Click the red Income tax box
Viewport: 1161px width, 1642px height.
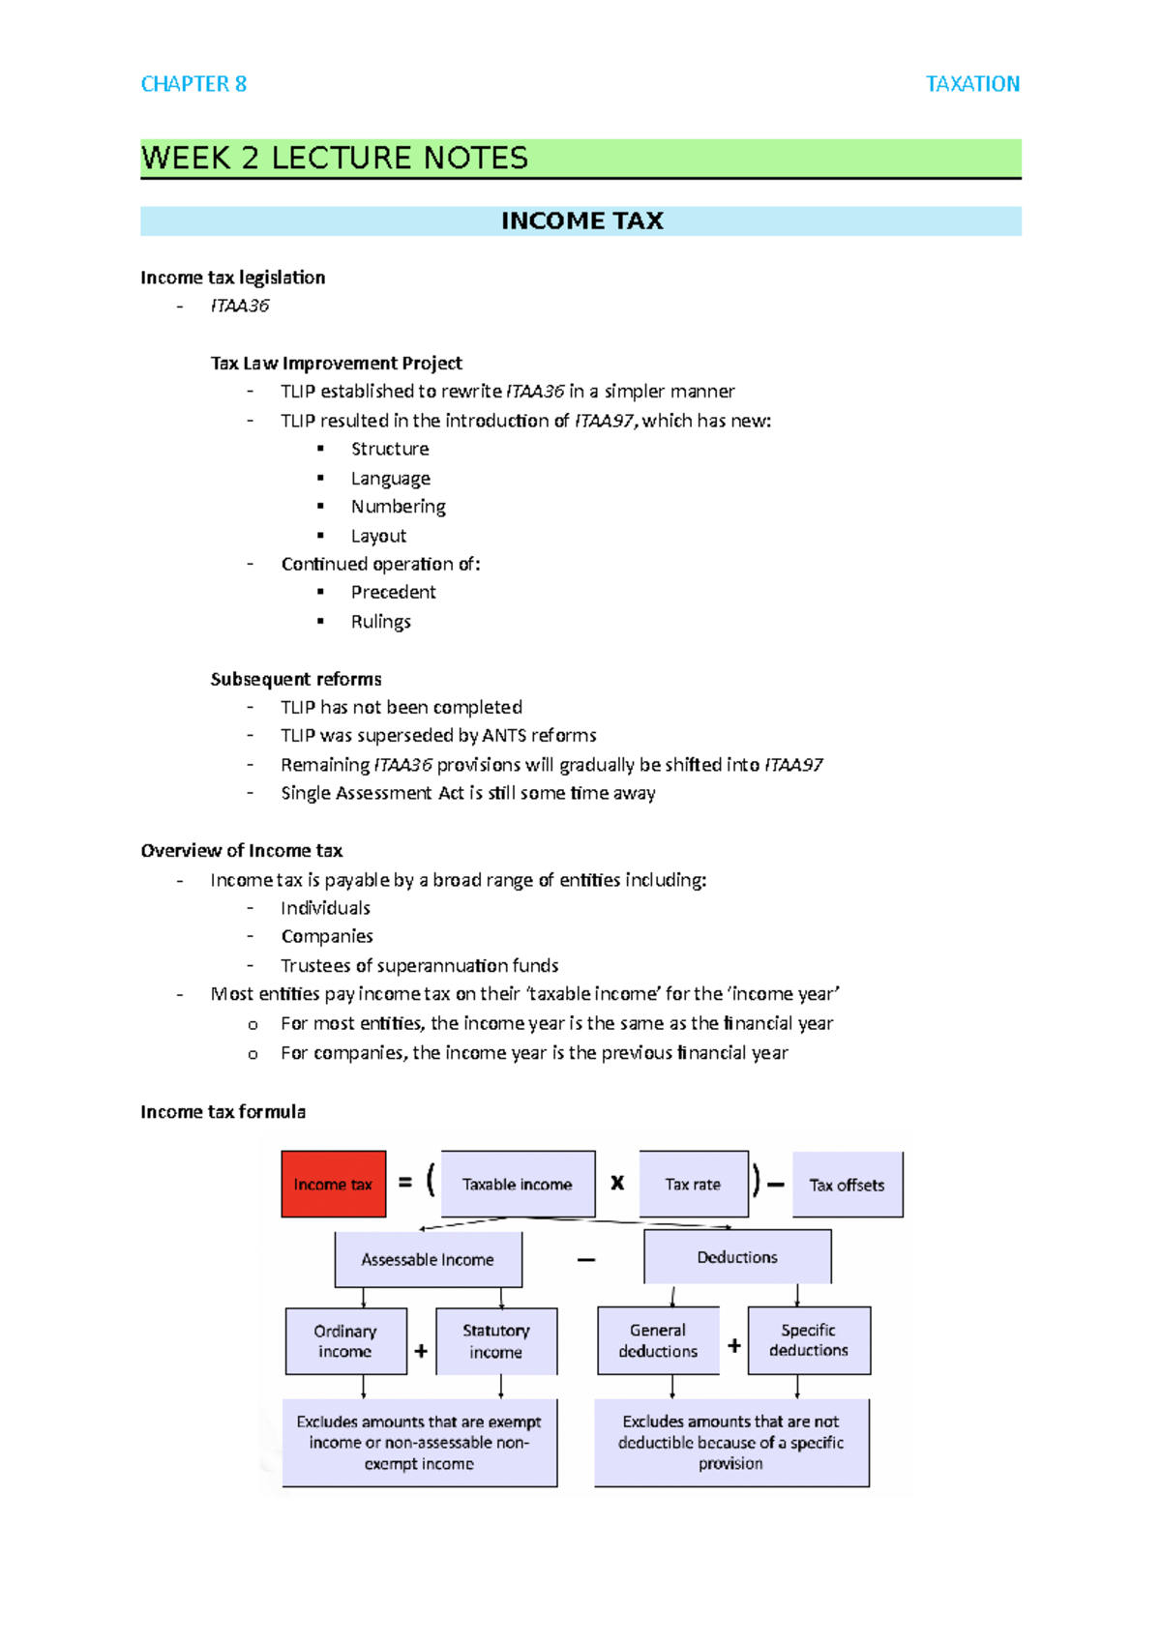[x=333, y=1184]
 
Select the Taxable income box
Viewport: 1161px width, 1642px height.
[x=518, y=1184]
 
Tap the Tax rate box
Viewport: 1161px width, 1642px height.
[x=693, y=1184]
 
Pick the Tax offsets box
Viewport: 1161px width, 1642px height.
[x=847, y=1185]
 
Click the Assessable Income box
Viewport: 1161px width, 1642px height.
[x=428, y=1259]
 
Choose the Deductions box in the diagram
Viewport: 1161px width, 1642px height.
[x=737, y=1257]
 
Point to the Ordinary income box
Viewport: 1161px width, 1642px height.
[x=345, y=1341]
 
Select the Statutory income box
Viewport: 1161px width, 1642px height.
[x=496, y=1341]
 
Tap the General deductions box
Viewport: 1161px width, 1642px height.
[x=658, y=1340]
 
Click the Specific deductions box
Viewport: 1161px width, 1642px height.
[x=809, y=1340]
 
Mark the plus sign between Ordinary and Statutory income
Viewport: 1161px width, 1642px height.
[x=421, y=1351]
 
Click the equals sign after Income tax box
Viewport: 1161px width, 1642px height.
[x=405, y=1182]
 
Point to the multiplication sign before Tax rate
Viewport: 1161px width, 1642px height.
[x=617, y=1182]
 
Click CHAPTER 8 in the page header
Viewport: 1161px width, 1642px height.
[x=193, y=84]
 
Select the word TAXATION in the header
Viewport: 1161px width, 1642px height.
[x=972, y=84]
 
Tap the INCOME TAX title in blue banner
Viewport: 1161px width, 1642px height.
[x=581, y=221]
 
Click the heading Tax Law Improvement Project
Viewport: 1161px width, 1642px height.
[x=336, y=364]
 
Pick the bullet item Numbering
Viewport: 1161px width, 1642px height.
[x=398, y=507]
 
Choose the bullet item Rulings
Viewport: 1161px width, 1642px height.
[x=380, y=622]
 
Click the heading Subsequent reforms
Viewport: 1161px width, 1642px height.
[x=296, y=679]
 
